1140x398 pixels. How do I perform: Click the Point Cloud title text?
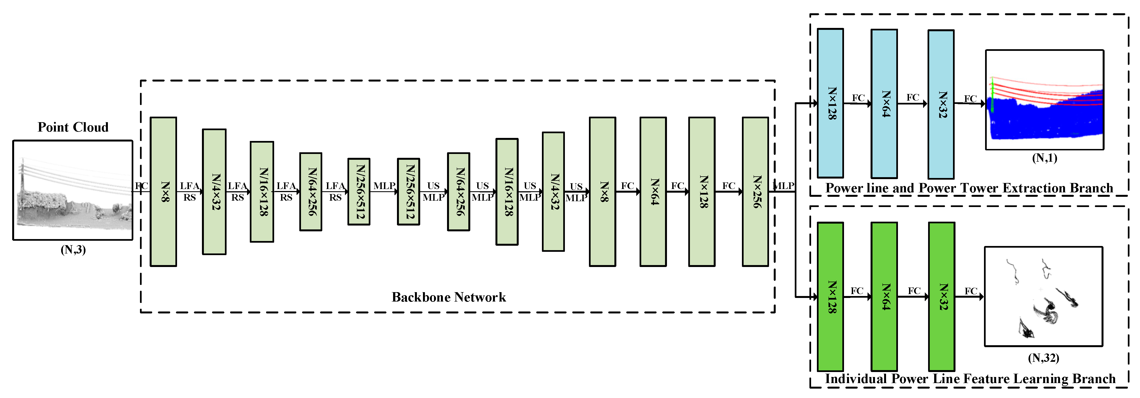pos(73,127)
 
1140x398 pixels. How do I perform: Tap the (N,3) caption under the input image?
pos(73,250)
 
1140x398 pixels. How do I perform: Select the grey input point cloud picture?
pos(73,190)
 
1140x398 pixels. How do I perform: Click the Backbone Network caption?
pos(448,297)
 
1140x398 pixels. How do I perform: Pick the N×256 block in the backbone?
pos(755,192)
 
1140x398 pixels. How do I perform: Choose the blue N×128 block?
pos(830,103)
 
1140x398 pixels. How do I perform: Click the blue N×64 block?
pos(884,103)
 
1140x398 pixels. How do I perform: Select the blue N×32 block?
pos(941,104)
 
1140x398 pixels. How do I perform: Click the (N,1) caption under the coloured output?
pos(1044,158)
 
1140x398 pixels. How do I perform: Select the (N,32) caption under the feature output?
pos(1043,358)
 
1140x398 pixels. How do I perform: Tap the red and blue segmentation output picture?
pos(1044,100)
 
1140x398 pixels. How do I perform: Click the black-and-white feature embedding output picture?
pos(1043,296)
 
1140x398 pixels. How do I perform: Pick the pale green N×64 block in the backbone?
pos(653,192)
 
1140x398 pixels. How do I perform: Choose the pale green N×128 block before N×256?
pos(702,192)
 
